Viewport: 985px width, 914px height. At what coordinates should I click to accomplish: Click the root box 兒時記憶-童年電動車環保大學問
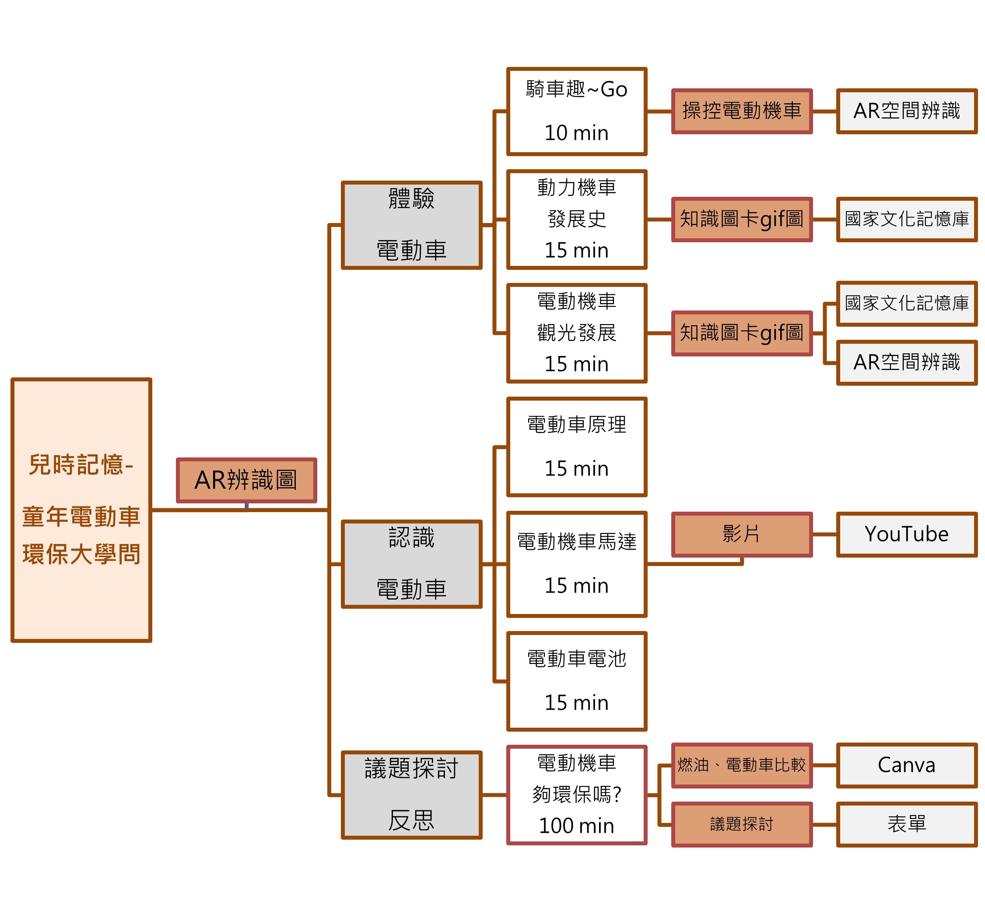point(81,510)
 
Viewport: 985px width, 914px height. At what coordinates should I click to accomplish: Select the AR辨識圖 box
point(246,480)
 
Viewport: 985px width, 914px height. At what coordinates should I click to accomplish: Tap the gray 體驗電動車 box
point(411,225)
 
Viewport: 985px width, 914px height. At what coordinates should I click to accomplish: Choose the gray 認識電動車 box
point(411,564)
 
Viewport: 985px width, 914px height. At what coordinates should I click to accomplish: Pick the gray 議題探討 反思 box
point(411,795)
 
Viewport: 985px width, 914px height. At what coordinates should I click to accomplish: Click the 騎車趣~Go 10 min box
point(577,111)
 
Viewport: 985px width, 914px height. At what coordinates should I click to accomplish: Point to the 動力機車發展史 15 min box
point(577,219)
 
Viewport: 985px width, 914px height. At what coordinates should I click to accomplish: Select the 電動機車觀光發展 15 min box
point(577,333)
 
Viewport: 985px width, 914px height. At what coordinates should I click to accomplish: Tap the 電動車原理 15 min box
point(577,447)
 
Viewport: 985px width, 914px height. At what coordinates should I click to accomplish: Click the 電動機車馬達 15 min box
point(577,564)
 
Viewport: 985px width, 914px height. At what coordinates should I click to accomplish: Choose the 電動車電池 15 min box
point(577,681)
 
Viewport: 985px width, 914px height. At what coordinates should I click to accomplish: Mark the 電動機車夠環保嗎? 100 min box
point(577,795)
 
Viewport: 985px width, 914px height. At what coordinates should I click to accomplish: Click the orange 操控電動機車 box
point(741,111)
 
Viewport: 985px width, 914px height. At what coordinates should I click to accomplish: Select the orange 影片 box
point(741,534)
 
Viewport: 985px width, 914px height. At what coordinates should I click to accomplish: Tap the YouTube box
point(906,534)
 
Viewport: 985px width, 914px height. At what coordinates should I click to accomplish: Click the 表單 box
point(906,824)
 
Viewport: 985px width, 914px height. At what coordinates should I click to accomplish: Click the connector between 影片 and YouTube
point(824,534)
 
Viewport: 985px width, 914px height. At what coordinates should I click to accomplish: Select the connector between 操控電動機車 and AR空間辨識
point(824,111)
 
